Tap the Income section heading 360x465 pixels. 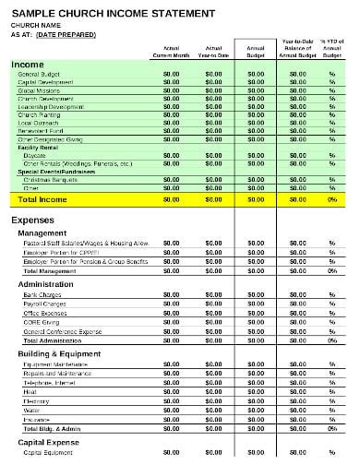(x=28, y=64)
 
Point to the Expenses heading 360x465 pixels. (x=34, y=221)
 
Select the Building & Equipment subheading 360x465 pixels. (x=64, y=353)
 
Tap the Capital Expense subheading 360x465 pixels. (x=50, y=443)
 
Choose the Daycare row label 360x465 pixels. (x=33, y=155)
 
